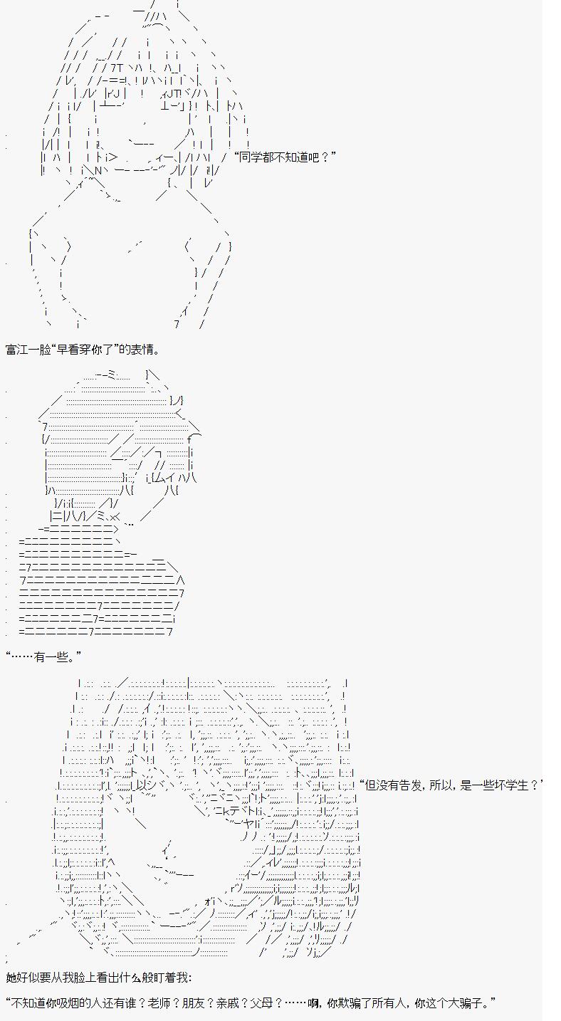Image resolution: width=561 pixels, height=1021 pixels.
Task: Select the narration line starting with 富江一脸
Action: point(83,350)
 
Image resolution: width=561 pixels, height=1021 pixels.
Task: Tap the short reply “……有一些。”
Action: point(43,656)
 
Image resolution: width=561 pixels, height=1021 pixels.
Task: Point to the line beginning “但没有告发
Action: point(451,785)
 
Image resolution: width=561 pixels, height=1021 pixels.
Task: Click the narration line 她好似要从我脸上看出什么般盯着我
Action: point(98,978)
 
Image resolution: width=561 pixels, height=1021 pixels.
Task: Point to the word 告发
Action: point(411,785)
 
